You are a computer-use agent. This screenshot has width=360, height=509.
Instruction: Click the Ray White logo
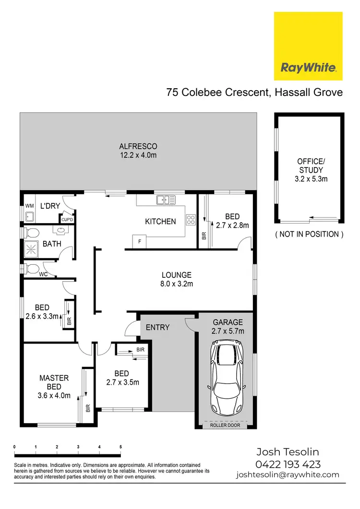308,46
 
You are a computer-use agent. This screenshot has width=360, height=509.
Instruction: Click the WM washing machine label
29,206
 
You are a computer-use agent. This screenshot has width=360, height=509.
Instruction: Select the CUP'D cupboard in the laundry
66,219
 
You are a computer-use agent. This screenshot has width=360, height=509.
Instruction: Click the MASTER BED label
54,382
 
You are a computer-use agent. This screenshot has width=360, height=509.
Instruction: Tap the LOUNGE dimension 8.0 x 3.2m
177,284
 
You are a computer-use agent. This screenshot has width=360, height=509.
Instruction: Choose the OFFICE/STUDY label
310,166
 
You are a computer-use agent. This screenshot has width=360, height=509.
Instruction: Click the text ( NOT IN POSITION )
309,235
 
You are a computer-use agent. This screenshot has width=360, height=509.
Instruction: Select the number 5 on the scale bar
120,447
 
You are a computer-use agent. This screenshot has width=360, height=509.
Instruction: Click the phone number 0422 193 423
288,464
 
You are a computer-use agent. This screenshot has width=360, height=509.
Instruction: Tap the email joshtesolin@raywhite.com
288,475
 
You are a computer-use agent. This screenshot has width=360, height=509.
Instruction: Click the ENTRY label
157,327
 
